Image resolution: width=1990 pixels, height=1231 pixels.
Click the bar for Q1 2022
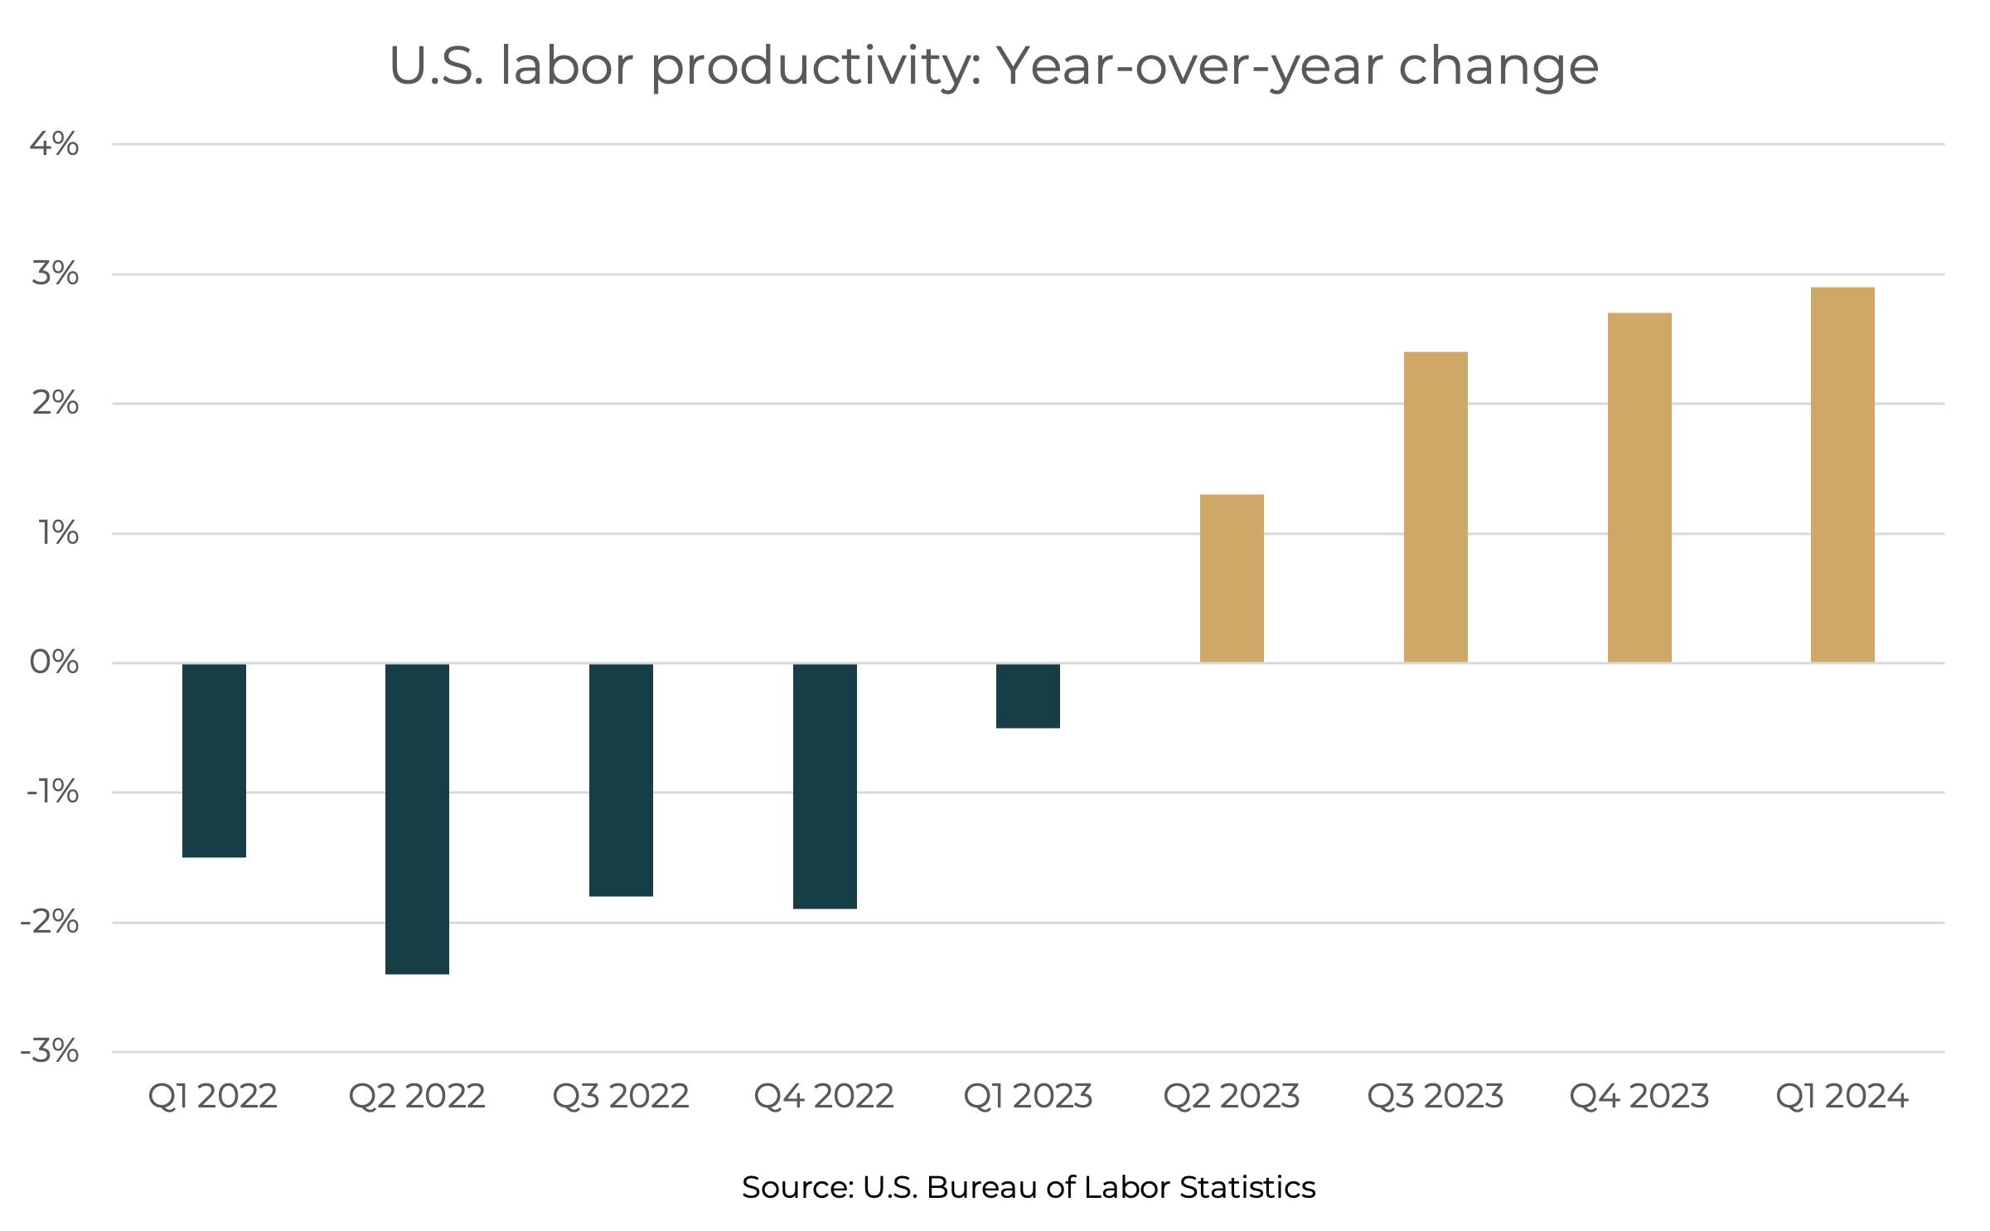214,760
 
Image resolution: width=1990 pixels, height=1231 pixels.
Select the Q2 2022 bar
417,818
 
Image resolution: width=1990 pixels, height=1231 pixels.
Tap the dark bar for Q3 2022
621,779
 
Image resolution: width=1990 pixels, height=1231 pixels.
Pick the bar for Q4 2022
825,786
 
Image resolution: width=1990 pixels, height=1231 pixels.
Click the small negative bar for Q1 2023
1028,695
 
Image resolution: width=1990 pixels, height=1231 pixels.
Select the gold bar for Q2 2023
1232,578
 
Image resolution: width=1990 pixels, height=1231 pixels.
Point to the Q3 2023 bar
1436,506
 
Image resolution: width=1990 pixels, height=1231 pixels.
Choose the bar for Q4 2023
1639,487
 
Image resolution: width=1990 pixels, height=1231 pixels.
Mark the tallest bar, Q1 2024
1842,474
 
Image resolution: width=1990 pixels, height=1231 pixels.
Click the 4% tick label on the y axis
55,144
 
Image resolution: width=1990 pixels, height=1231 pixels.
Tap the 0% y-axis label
55,662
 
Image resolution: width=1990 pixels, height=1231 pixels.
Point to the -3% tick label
50,1051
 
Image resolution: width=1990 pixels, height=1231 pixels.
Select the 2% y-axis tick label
55,404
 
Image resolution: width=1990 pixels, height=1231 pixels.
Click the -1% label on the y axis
52,792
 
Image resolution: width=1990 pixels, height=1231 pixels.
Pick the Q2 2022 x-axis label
417,1097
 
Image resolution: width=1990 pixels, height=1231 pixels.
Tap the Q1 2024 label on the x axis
1842,1097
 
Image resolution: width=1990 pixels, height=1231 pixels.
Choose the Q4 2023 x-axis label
1639,1097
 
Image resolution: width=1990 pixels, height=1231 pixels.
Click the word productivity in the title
816,66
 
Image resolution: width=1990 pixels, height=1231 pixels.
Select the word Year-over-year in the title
1189,66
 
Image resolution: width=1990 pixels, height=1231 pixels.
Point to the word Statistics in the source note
1247,1187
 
